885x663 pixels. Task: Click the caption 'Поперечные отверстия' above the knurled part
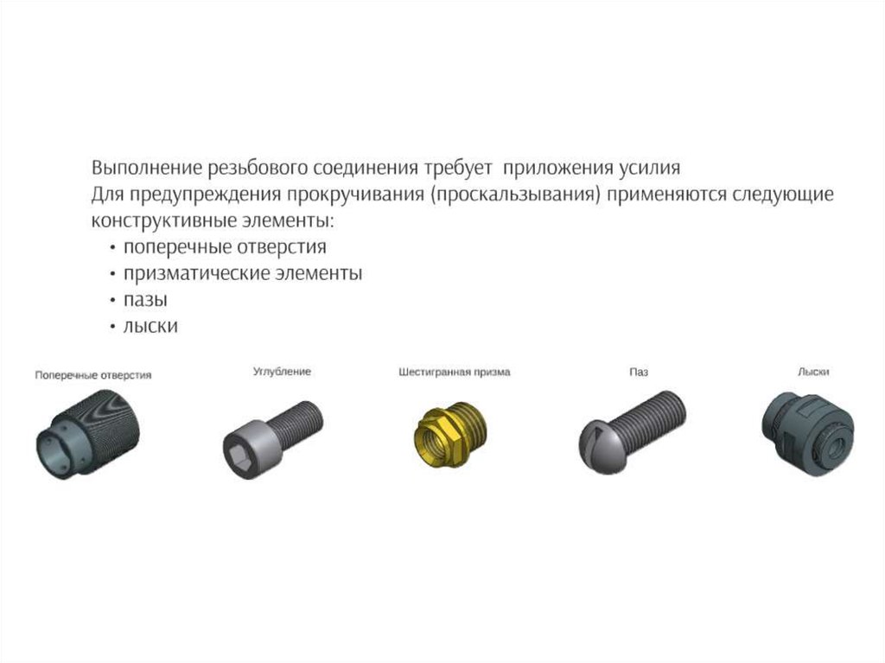[x=93, y=375]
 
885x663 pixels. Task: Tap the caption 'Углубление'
[x=282, y=372]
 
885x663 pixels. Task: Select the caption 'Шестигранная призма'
[x=455, y=373]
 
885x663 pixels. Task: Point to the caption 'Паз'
[x=639, y=373]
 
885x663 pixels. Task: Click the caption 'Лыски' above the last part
[x=813, y=372]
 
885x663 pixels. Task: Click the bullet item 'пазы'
[x=145, y=299]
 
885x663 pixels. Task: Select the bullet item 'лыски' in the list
[x=150, y=326]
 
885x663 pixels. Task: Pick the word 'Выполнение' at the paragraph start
[x=147, y=168]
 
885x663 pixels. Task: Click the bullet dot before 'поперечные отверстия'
[x=113, y=248]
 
